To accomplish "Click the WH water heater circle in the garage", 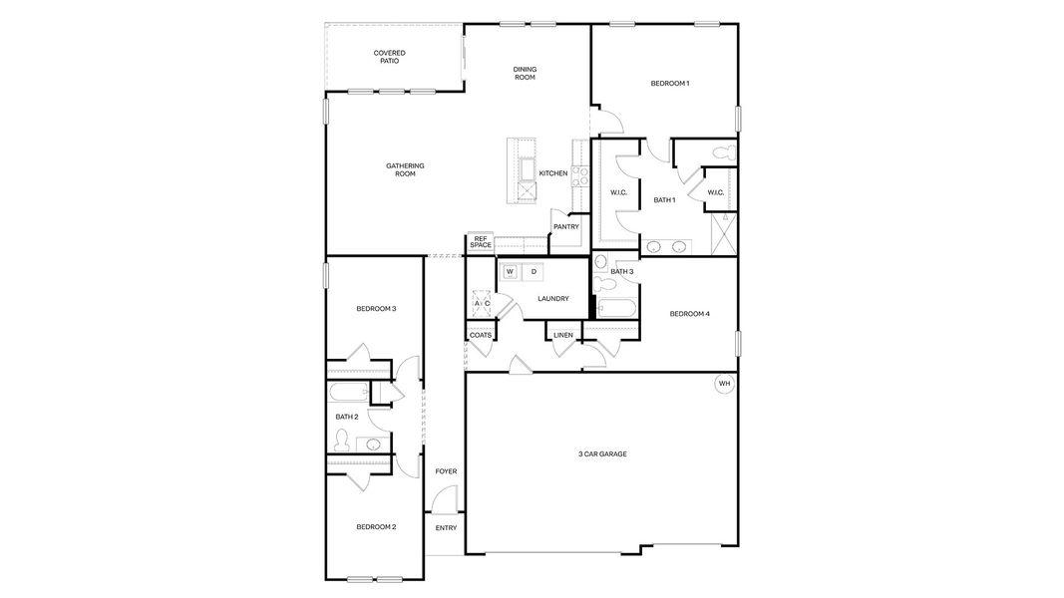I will point(724,383).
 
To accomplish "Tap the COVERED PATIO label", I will point(389,57).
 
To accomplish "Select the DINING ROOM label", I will point(526,73).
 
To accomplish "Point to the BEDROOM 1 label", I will point(669,84).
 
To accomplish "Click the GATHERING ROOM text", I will point(405,169).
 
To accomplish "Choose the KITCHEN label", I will point(553,173).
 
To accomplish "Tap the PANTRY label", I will point(566,226).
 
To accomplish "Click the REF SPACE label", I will point(481,242).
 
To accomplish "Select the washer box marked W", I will point(510,271).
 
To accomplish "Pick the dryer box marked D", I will point(533,271).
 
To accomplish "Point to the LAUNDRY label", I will point(552,298).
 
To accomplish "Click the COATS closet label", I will point(480,335).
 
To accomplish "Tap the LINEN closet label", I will point(563,335).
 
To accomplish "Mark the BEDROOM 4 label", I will point(689,314).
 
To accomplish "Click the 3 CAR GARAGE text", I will point(602,453).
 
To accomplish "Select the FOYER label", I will point(446,471).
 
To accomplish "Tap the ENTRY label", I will point(446,527).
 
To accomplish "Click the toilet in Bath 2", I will point(341,441).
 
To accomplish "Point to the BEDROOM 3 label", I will point(376,309).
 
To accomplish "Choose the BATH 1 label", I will point(664,200).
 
